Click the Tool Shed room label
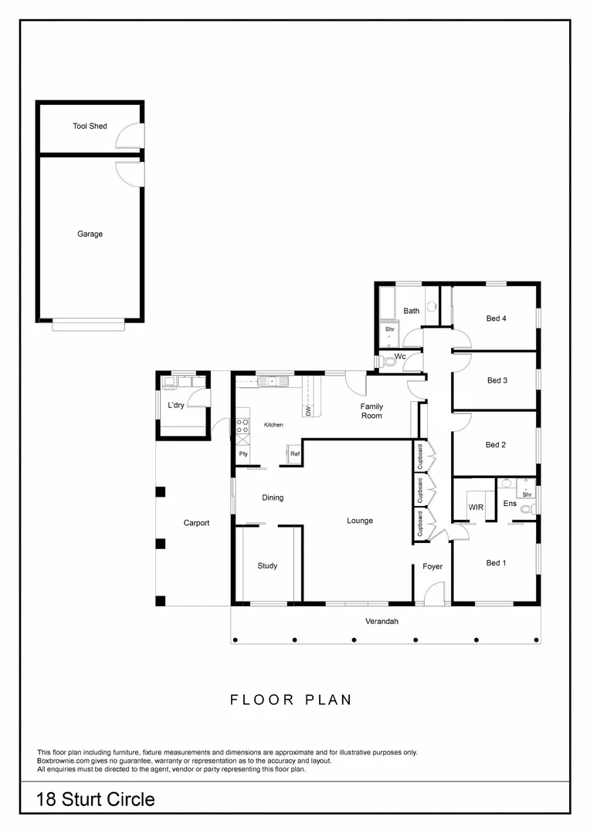pyautogui.click(x=90, y=126)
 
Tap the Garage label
pyautogui.click(x=90, y=234)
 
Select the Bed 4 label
pyautogui.click(x=496, y=318)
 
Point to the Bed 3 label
pyautogui.click(x=497, y=380)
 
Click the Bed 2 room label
pyautogui.click(x=495, y=444)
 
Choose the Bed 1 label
pyautogui.click(x=496, y=563)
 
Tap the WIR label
pyautogui.click(x=476, y=507)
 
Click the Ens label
pyautogui.click(x=510, y=504)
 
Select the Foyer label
pyautogui.click(x=432, y=566)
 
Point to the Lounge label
pyautogui.click(x=360, y=521)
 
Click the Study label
pyautogui.click(x=267, y=565)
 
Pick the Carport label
pyautogui.click(x=196, y=523)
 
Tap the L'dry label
pyautogui.click(x=175, y=404)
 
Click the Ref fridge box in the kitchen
pyautogui.click(x=294, y=454)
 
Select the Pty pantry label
pyautogui.click(x=243, y=454)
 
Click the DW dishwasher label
pyautogui.click(x=307, y=411)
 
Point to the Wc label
pyautogui.click(x=400, y=356)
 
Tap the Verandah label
pyautogui.click(x=381, y=621)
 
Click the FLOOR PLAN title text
pyautogui.click(x=291, y=700)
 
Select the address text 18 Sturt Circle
pyautogui.click(x=95, y=799)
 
